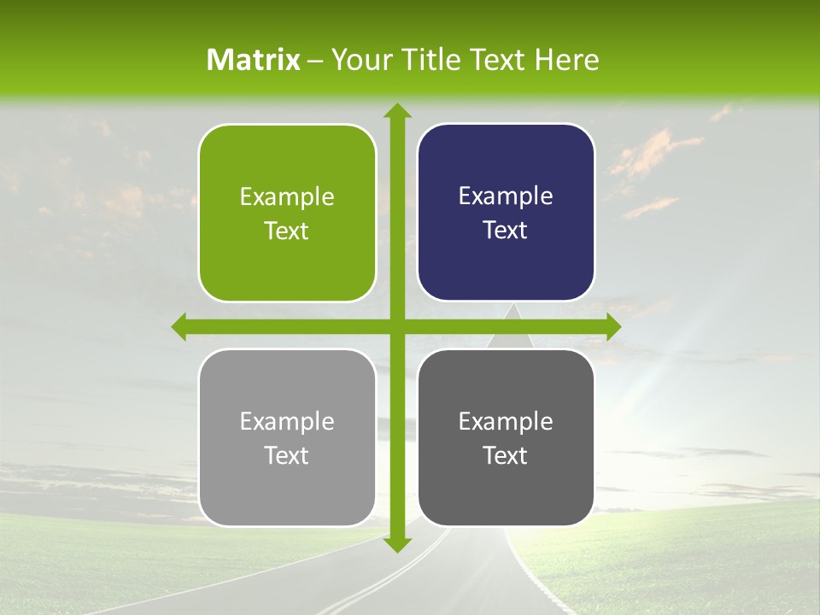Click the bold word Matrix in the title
point(254,60)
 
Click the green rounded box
point(287,214)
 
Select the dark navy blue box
point(506,213)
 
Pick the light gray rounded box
point(287,437)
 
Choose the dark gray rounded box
point(506,437)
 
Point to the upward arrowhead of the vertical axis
point(396,111)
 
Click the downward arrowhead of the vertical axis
point(396,543)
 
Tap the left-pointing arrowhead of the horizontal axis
point(179,326)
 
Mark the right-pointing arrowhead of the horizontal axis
point(612,326)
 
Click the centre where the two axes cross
point(396,326)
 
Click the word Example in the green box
point(287,197)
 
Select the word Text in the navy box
point(506,231)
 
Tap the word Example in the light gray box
point(287,421)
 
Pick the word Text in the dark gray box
point(506,455)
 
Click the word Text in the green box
point(287,231)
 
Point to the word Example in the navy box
point(506,196)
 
